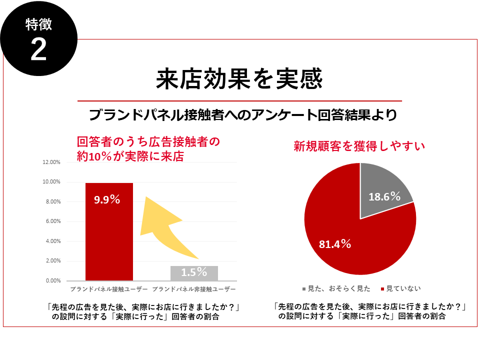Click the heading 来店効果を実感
(x=239, y=79)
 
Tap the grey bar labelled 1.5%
(x=194, y=273)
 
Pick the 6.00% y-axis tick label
(x=52, y=221)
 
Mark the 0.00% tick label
(x=52, y=280)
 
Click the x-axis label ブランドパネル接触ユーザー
(x=108, y=289)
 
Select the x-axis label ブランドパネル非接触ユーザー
(x=193, y=289)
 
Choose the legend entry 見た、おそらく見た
(x=338, y=288)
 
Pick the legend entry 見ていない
(x=403, y=288)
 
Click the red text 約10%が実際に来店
(x=130, y=156)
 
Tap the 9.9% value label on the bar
(x=107, y=199)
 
